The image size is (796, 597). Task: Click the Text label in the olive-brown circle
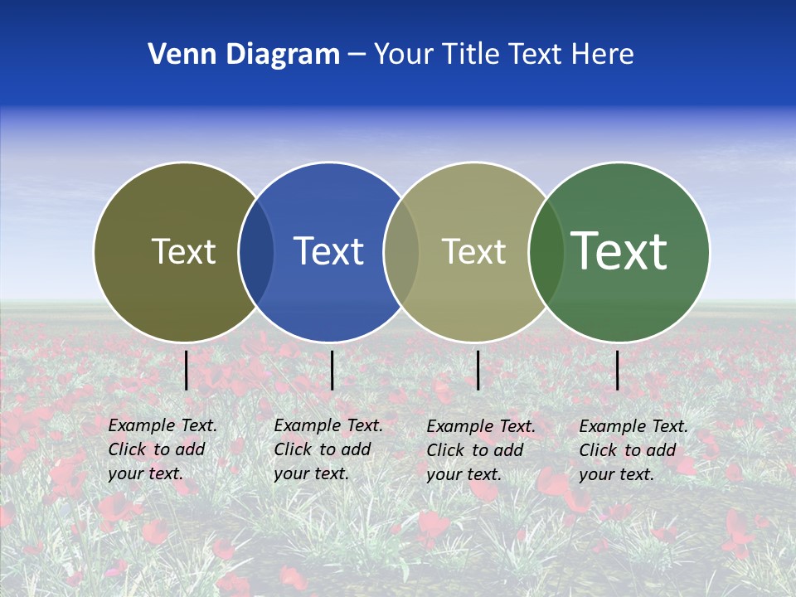pos(183,251)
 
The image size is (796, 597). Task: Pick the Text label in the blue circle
pos(328,251)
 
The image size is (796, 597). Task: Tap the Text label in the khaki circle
pos(473,251)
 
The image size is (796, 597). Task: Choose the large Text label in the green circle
pos(619,251)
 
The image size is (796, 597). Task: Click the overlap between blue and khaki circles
pos(401,251)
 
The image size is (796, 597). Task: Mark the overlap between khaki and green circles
pos(546,251)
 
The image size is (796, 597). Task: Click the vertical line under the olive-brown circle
pos(187,370)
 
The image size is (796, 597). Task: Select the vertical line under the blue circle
pos(332,370)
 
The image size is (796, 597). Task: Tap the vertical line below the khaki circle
pos(478,370)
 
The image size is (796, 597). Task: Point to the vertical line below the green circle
pos(618,370)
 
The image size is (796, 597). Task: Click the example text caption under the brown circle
pos(162,449)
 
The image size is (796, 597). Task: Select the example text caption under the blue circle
pos(328,449)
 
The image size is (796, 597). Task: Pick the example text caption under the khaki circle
pos(480,450)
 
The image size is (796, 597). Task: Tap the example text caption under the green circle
pos(633,450)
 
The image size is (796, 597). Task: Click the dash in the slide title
pos(356,56)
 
